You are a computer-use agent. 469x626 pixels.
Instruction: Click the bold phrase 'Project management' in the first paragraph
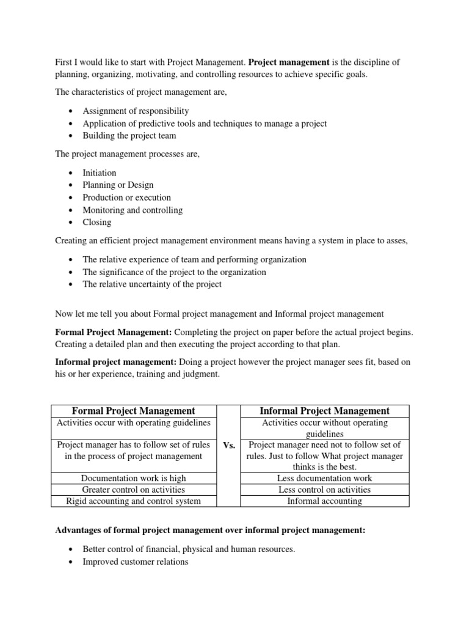289,62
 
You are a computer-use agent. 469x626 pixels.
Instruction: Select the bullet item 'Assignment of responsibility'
136,111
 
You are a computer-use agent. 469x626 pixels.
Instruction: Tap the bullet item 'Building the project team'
130,136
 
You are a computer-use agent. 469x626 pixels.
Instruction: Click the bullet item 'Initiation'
100,173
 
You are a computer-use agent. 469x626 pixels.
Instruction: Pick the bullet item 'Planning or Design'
118,185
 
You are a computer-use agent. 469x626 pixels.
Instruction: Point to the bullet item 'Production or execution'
126,197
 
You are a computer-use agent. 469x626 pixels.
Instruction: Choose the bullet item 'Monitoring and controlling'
133,210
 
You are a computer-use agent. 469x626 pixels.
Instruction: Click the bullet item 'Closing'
97,222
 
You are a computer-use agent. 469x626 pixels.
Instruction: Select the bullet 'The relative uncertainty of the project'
152,284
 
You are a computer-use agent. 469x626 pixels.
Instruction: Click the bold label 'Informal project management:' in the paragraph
117,362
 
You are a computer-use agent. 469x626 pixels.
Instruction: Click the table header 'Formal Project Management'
134,411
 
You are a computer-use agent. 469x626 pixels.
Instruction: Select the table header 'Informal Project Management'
324,411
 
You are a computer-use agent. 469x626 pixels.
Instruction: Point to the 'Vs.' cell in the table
230,446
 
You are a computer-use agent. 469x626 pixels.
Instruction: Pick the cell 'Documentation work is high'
134,478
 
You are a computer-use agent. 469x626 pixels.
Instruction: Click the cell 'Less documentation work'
324,478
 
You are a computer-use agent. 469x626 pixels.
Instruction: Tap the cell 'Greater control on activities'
134,490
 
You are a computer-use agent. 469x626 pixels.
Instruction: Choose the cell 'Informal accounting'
324,501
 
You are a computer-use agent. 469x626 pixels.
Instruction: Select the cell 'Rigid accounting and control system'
134,501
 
